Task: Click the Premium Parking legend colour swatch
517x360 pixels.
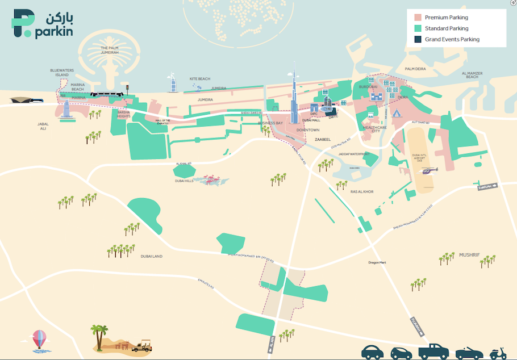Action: click(x=418, y=18)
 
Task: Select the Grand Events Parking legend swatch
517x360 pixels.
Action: click(x=418, y=39)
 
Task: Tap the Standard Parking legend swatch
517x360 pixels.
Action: click(x=418, y=28)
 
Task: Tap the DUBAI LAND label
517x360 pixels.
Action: click(x=152, y=256)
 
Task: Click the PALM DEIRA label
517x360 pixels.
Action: click(x=415, y=69)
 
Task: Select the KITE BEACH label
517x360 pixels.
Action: click(x=200, y=78)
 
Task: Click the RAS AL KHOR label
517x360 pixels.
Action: click(x=362, y=192)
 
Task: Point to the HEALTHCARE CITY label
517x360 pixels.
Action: click(x=375, y=130)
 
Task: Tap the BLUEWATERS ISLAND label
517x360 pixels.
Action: click(x=59, y=73)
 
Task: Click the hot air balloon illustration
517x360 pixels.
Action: click(x=39, y=341)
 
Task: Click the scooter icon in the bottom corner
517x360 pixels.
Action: click(x=498, y=353)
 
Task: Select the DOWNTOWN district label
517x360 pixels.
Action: click(x=308, y=130)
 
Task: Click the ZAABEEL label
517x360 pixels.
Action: click(x=323, y=139)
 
